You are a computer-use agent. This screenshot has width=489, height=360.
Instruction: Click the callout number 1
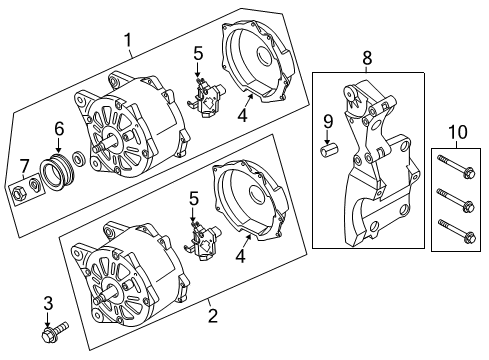(128, 40)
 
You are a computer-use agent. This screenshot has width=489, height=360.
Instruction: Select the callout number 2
(213, 315)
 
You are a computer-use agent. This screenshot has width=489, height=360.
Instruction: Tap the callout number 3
(48, 304)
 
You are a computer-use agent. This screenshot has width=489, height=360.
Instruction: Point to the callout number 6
(59, 129)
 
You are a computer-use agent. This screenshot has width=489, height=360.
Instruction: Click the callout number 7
(24, 166)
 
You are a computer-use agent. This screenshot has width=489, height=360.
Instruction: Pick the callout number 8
(367, 58)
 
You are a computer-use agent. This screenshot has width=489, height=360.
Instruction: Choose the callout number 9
(328, 121)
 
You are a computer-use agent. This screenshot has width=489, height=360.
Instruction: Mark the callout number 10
(458, 132)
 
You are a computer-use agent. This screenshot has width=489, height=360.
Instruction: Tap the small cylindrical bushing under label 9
(328, 150)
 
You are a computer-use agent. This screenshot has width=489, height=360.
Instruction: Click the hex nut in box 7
(16, 192)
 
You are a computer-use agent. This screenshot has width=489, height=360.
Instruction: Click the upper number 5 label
(198, 54)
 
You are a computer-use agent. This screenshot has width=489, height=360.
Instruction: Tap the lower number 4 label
(241, 257)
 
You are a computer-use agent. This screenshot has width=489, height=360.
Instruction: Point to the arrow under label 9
(328, 137)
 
